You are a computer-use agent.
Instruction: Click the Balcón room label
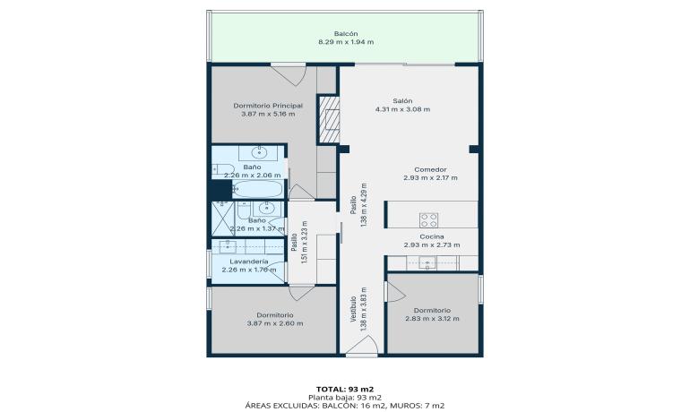tap(345, 33)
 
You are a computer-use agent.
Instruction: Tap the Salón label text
tap(402, 100)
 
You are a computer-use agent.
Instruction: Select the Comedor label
tap(430, 169)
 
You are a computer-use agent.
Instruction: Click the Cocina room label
tap(432, 236)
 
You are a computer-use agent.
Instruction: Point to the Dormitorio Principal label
tap(268, 106)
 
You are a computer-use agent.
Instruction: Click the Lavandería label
tap(249, 262)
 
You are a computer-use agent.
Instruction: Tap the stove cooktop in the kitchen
tap(428, 219)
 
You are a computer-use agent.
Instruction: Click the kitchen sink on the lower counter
tap(427, 263)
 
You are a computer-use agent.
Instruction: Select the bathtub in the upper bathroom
tap(257, 189)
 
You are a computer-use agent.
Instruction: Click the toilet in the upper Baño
tap(223, 169)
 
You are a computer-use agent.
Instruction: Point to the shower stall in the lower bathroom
tap(222, 219)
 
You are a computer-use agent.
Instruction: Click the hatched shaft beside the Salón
tap(329, 119)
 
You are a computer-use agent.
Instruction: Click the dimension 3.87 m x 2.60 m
tap(275, 323)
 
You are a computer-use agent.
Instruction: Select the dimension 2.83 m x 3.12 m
tap(432, 319)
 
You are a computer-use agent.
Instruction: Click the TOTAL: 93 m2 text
tap(345, 389)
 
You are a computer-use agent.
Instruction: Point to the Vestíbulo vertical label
tap(353, 309)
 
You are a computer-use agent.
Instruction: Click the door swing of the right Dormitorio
tap(395, 291)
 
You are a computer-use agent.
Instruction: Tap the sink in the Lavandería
tap(228, 247)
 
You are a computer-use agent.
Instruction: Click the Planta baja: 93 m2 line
tap(345, 398)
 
